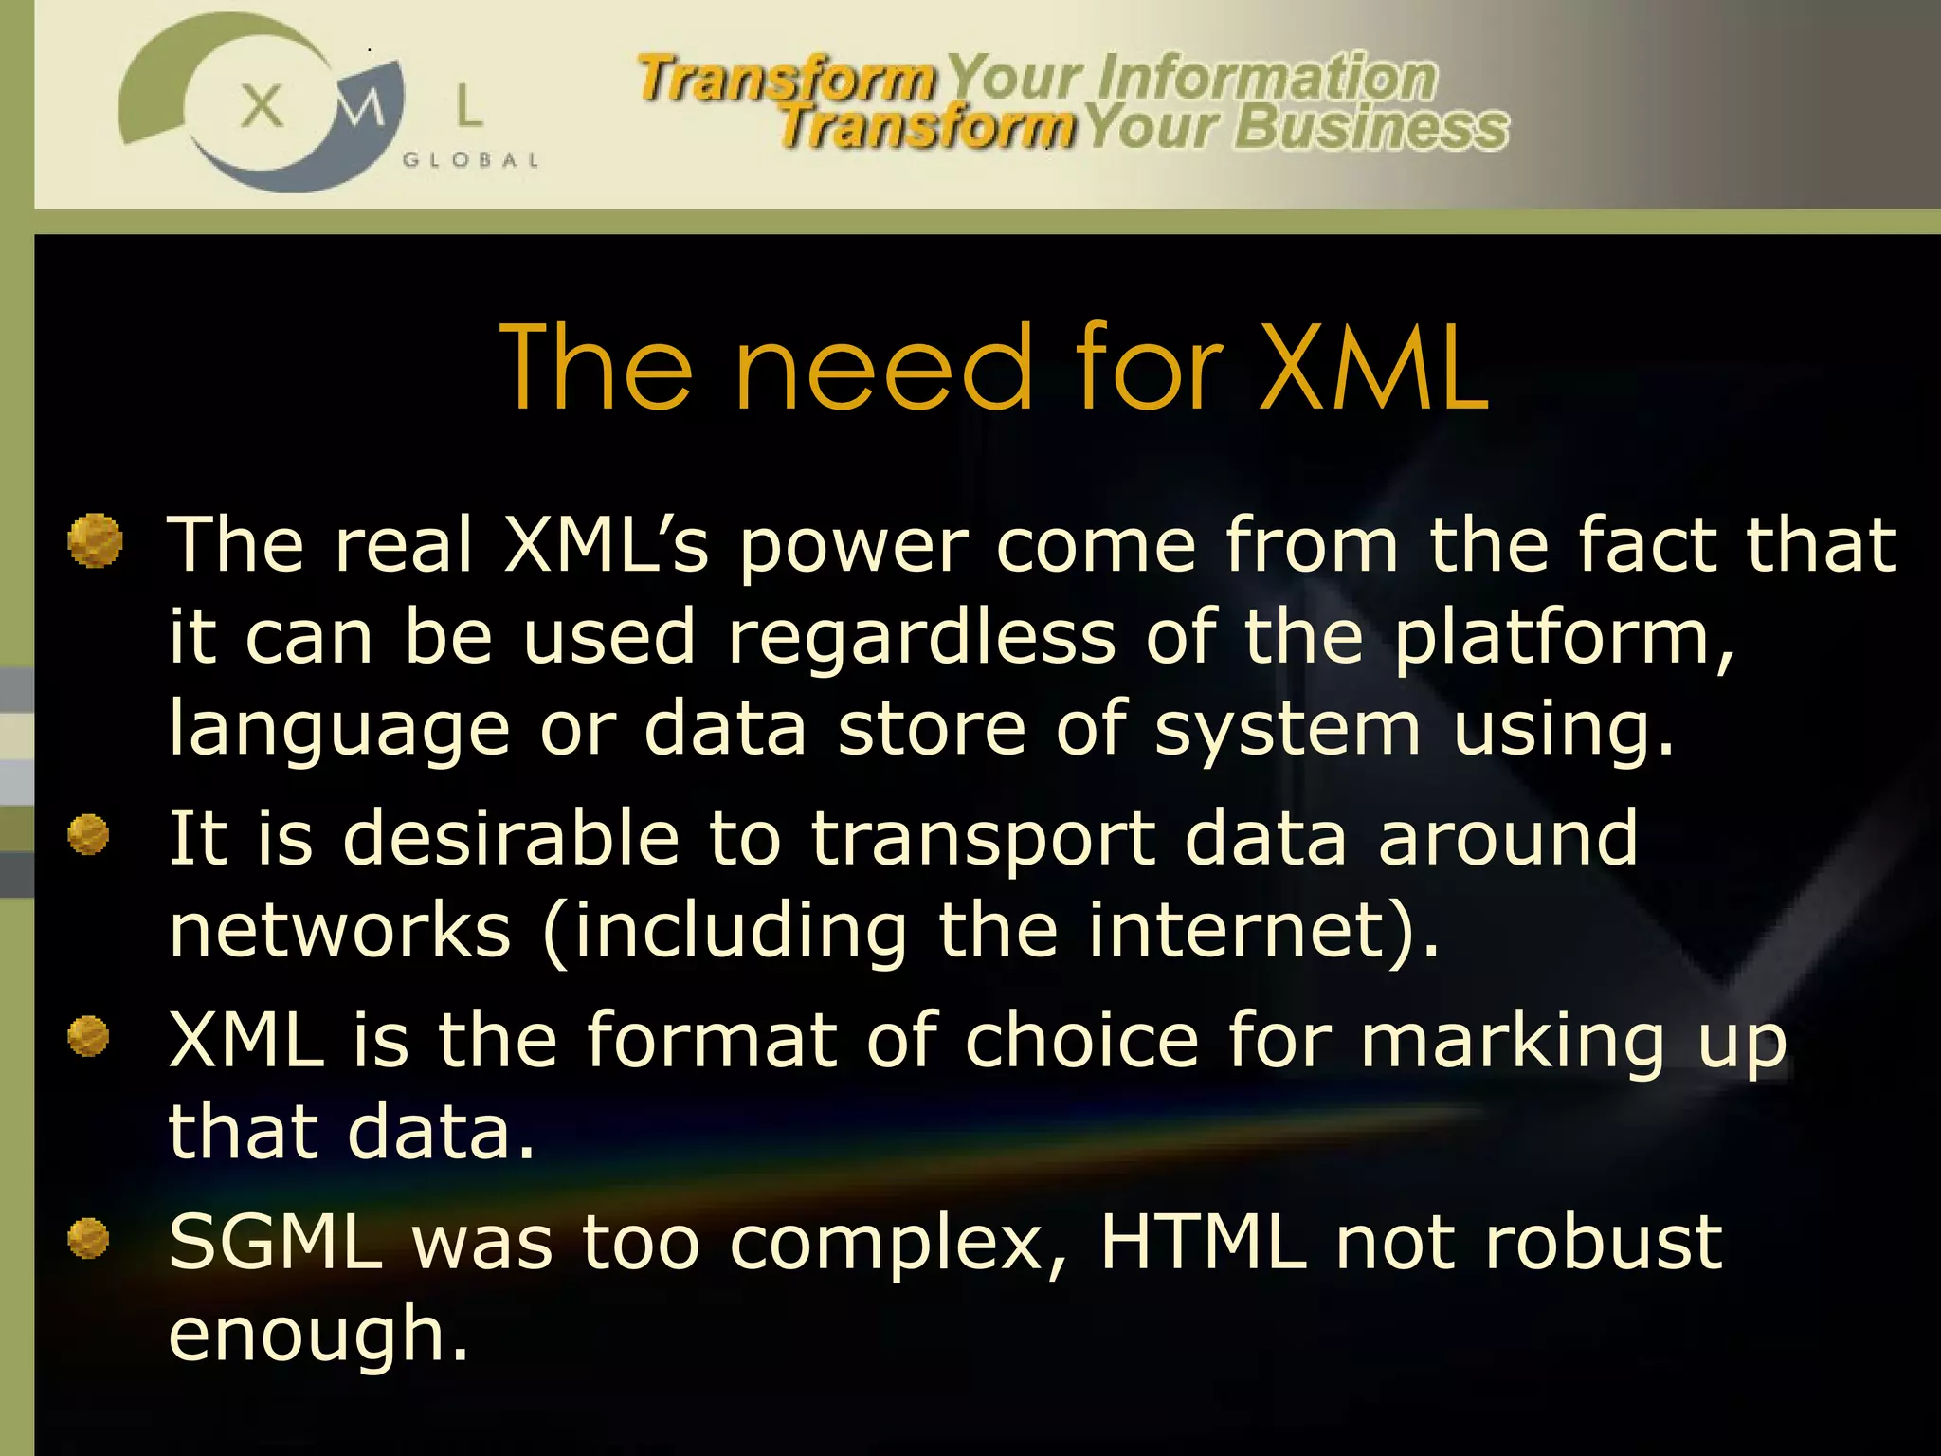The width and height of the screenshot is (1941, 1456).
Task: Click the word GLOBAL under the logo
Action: click(471, 160)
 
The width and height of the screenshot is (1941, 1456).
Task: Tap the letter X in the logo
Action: click(262, 105)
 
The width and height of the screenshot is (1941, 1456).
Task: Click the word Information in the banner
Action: click(1266, 78)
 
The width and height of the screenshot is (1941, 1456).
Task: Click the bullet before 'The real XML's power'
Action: click(96, 541)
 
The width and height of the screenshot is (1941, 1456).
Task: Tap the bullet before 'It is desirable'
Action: click(89, 835)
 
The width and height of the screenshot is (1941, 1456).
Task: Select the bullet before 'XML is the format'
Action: click(89, 1036)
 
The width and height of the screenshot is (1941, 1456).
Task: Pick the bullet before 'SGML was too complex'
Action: click(89, 1238)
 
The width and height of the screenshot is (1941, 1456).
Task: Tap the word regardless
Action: click(921, 637)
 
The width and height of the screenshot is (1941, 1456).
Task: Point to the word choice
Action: click(1081, 1041)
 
